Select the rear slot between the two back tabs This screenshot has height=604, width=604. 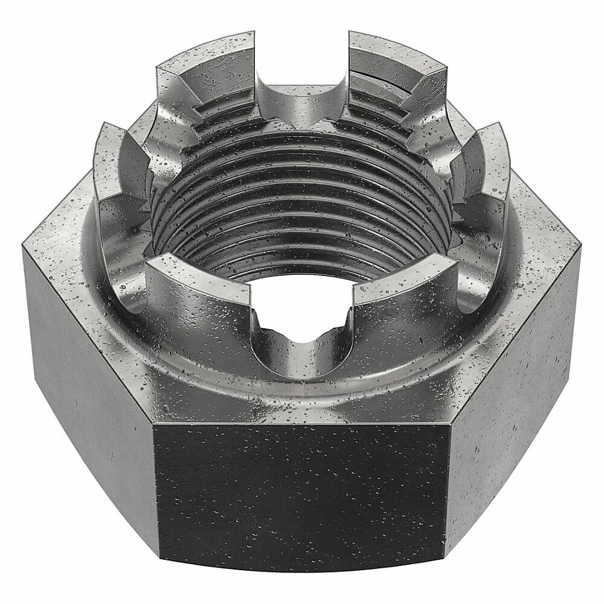coord(301,100)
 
